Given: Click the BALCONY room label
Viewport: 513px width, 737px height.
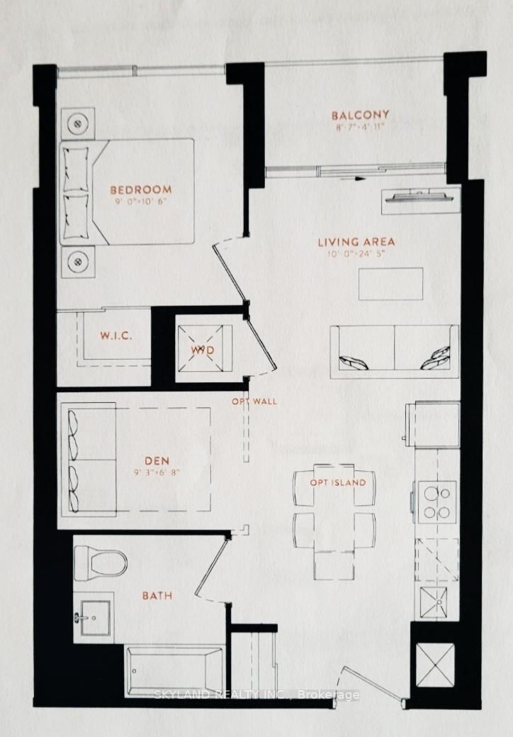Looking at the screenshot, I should coord(361,115).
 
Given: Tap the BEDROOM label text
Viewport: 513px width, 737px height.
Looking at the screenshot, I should coord(141,189).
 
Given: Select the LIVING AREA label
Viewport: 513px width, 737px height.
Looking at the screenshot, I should coord(356,242).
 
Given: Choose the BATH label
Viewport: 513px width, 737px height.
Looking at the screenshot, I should coord(157,595).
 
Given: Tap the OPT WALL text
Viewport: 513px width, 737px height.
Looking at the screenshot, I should coord(254,401).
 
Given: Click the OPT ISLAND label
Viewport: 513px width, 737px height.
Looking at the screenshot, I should coord(338,483).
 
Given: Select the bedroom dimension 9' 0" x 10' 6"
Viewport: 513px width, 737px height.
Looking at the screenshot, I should coord(141,201).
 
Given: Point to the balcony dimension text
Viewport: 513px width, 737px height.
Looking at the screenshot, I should coord(361,128).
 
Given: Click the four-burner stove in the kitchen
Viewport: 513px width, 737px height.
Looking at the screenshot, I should coord(436,502).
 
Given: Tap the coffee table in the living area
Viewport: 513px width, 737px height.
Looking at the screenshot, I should coord(390,284).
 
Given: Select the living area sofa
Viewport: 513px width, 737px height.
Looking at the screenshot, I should coord(394,351).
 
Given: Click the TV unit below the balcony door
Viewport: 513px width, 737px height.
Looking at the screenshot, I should coord(419,200).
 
